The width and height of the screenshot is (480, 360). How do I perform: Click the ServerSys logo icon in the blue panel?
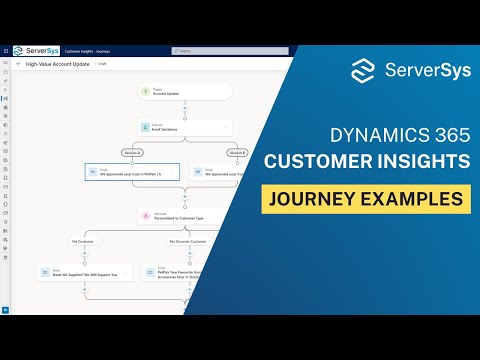click(x=366, y=71)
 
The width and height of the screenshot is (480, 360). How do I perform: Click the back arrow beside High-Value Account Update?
click(x=18, y=63)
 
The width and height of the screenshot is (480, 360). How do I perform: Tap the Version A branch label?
click(x=130, y=152)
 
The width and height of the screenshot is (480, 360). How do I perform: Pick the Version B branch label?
click(x=236, y=152)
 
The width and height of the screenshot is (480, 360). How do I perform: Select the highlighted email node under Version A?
click(x=132, y=172)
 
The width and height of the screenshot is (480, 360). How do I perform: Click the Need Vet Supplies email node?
click(x=84, y=271)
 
